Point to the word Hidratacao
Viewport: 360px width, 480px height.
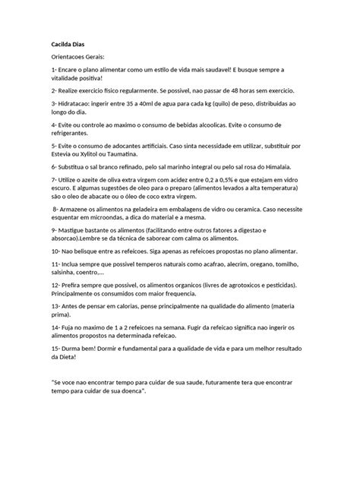pyautogui.click(x=81, y=103)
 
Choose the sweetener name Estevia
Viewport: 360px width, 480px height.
pyautogui.click(x=65, y=153)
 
